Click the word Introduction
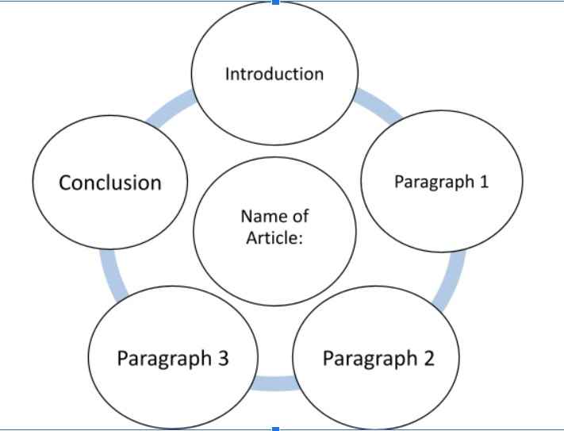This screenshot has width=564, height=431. click(x=274, y=74)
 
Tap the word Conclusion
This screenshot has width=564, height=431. click(x=110, y=183)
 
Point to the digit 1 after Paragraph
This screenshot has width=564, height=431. click(x=484, y=182)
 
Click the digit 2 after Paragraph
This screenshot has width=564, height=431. click(x=428, y=358)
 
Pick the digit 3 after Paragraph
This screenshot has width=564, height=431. click(x=223, y=358)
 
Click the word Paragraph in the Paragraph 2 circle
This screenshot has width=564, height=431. click(x=370, y=358)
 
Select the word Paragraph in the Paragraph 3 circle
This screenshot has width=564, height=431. click(x=164, y=358)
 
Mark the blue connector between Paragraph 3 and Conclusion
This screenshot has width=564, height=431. click(x=112, y=274)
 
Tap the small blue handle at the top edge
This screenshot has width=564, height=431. click(x=274, y=2)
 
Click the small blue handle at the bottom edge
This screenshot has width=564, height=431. click(x=274, y=429)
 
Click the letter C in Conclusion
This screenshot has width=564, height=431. click(x=67, y=183)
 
